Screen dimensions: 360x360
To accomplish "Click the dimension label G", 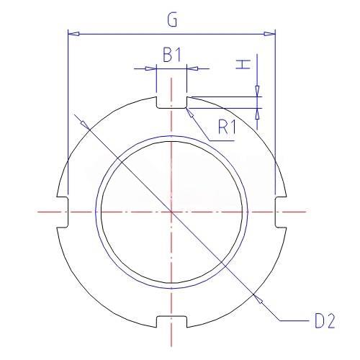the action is pyautogui.click(x=172, y=19).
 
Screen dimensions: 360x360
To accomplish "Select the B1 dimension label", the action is pyautogui.click(x=172, y=55).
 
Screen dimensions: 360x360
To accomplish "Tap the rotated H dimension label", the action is pyautogui.click(x=243, y=65).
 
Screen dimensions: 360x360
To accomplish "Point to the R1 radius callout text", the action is pyautogui.click(x=227, y=127).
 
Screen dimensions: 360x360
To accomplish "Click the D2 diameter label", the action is pyautogui.click(x=325, y=321).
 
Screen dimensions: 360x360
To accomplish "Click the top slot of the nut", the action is pyautogui.click(x=171, y=102).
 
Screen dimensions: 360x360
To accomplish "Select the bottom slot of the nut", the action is pyautogui.click(x=171, y=322).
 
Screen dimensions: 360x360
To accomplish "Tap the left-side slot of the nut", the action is pyautogui.click(x=63, y=212).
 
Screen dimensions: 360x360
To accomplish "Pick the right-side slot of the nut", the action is pyautogui.click(x=280, y=212).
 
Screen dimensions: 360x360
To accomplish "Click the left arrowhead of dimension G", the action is pyautogui.click(x=73, y=34).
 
